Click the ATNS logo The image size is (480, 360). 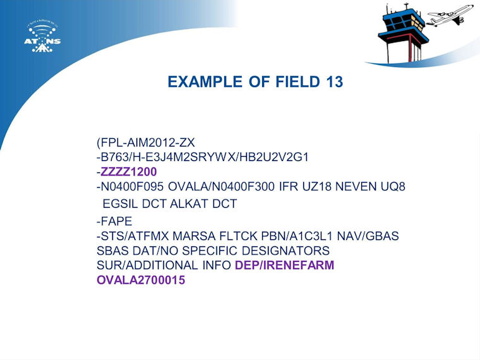click(x=42, y=37)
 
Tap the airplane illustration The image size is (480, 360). click(x=450, y=15)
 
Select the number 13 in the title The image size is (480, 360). click(x=334, y=81)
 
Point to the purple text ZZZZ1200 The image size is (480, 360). click(x=129, y=172)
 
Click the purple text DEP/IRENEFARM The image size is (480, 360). click(x=284, y=265)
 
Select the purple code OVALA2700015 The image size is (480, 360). click(x=141, y=280)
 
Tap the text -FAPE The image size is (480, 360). click(x=114, y=221)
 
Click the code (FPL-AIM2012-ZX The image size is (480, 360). click(x=146, y=143)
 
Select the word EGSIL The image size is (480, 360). click(x=120, y=204)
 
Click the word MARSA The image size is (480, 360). click(x=194, y=236)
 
